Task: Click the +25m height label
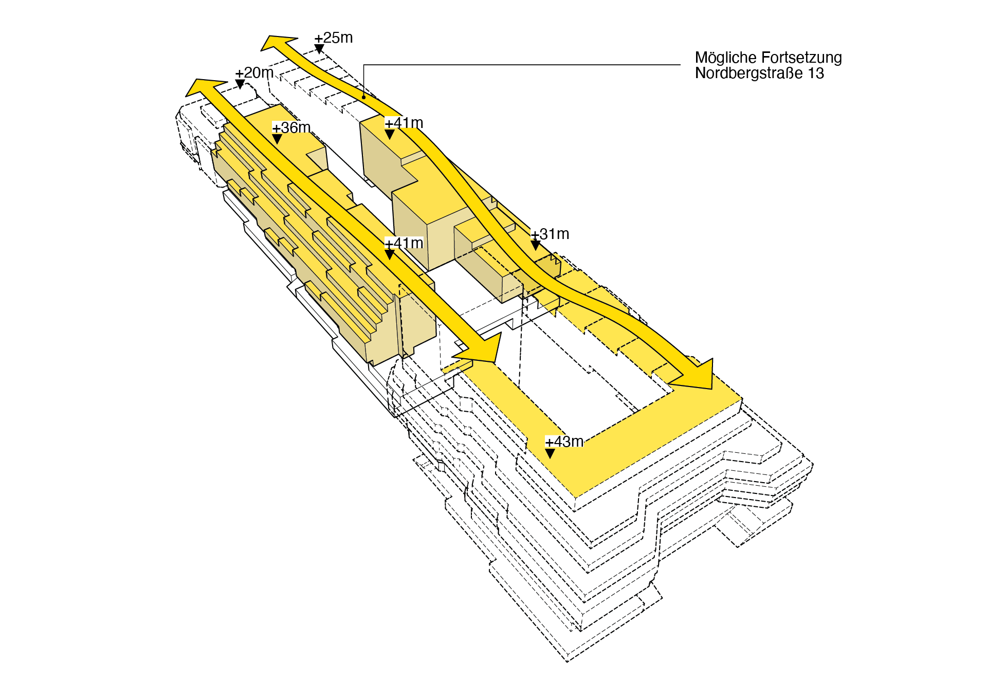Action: [x=334, y=38]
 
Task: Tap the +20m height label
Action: [x=254, y=72]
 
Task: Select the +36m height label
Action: [x=291, y=127]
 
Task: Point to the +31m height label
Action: [x=550, y=234]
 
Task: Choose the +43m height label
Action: [x=564, y=442]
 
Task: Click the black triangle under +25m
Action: [x=319, y=49]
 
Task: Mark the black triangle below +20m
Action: [x=240, y=84]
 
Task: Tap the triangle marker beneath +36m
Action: [x=277, y=139]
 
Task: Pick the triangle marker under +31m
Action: [x=536, y=246]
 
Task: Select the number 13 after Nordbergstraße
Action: [x=816, y=74]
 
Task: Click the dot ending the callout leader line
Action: [x=364, y=97]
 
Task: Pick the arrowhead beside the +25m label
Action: [x=279, y=43]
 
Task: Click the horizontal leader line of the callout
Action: [x=522, y=65]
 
